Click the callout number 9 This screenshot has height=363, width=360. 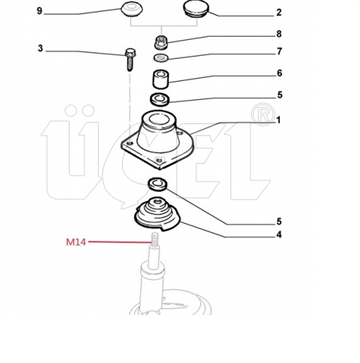40,11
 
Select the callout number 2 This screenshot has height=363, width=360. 279,13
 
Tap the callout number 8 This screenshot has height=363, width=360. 279,34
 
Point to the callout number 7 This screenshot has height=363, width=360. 279,51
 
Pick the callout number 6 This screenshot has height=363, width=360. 279,73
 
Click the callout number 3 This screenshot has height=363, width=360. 40,49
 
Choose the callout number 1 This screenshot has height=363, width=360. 278,120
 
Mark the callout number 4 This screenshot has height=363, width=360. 279,235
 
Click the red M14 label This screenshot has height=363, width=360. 76,242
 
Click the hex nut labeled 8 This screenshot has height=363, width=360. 161,42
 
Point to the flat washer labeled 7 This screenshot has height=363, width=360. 161,58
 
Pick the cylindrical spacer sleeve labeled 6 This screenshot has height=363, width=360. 161,80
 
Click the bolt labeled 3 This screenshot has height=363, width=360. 130,59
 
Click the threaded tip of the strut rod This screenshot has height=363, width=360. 154,239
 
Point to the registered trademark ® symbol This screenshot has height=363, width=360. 263,115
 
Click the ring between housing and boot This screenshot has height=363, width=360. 158,184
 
